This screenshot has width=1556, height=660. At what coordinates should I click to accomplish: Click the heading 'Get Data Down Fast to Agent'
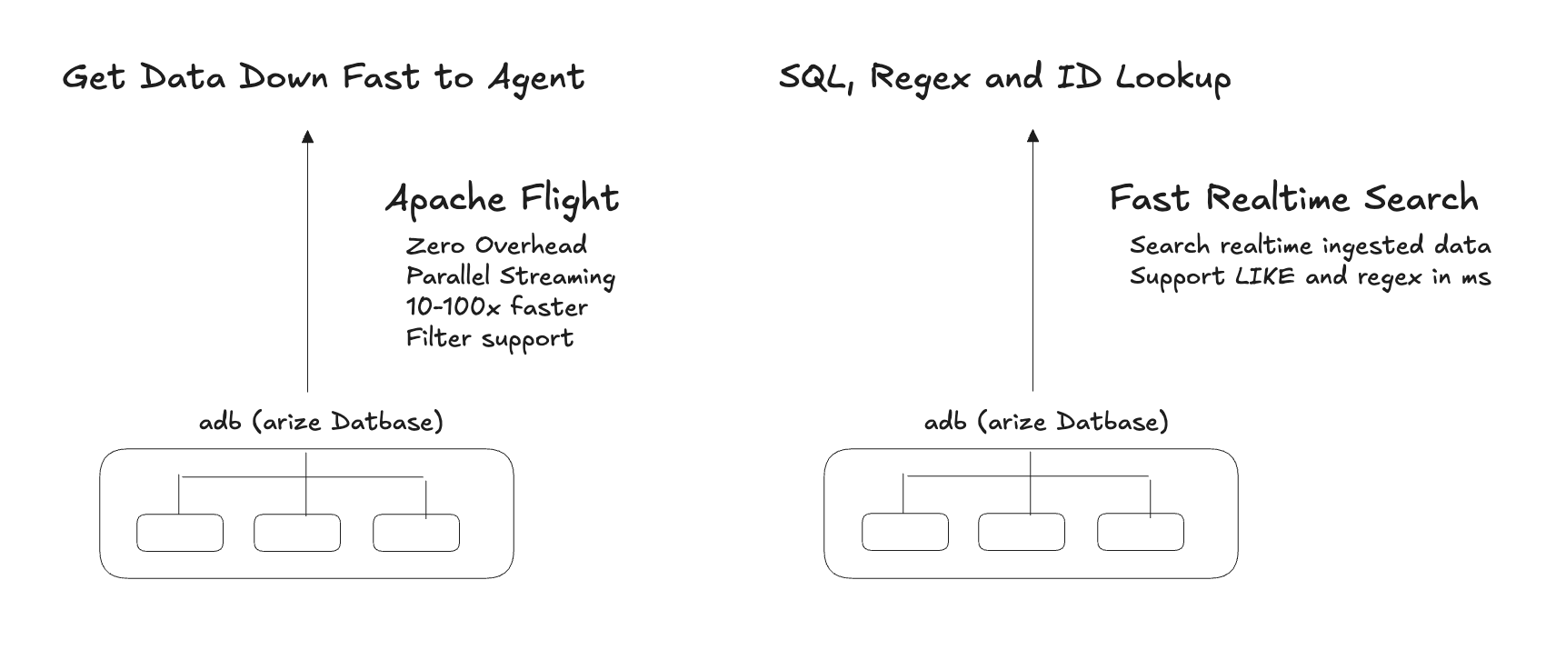(x=323, y=78)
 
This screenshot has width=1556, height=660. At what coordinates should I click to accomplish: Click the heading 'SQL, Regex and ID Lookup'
(x=1004, y=78)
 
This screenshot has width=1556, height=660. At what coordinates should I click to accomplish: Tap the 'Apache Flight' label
(x=502, y=199)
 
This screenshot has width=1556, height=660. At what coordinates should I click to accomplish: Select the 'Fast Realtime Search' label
(x=1293, y=198)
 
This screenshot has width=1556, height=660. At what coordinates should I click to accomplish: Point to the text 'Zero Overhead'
(x=496, y=245)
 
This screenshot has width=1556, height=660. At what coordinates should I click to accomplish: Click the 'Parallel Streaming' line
(x=510, y=276)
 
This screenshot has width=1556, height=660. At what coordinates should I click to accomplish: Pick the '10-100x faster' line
(x=496, y=307)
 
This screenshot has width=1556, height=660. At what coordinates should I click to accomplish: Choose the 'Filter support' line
(x=489, y=338)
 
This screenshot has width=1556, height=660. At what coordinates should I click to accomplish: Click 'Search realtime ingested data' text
(x=1310, y=245)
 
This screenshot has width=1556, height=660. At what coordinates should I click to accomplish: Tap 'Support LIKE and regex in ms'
(x=1310, y=276)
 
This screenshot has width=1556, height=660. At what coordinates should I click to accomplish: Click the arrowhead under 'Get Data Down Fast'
(x=307, y=137)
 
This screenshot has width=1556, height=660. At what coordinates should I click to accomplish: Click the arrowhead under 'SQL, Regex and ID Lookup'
(x=1032, y=137)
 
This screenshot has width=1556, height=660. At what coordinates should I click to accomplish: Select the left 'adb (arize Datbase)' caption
(x=321, y=422)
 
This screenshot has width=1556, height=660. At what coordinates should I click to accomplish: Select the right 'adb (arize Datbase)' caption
(x=1046, y=422)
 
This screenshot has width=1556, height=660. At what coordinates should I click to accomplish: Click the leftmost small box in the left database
(x=180, y=533)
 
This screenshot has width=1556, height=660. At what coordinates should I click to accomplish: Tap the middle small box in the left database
(x=297, y=533)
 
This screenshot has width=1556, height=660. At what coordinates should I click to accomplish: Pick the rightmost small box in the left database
(x=416, y=533)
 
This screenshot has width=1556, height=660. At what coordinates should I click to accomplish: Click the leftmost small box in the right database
(x=905, y=533)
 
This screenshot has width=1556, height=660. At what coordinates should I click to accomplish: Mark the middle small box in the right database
(x=1022, y=533)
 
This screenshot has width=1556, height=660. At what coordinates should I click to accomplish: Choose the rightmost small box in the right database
(x=1141, y=533)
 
